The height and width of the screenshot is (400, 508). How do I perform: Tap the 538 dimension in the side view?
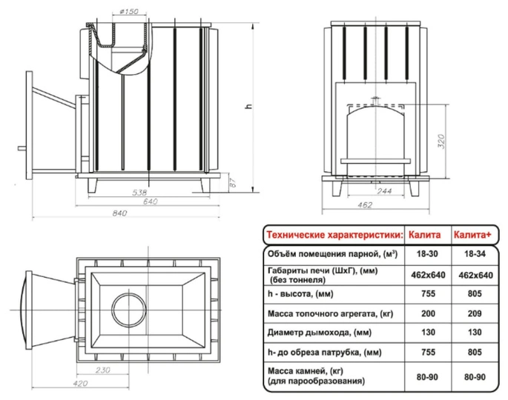pyautogui.click(x=139, y=193)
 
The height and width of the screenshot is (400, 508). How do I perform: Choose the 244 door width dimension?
pyautogui.click(x=384, y=190)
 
